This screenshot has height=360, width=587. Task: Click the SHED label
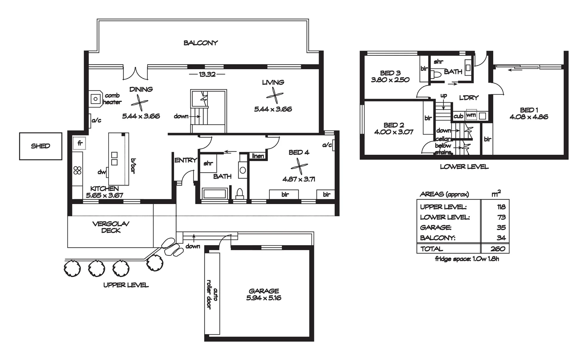click(x=41, y=146)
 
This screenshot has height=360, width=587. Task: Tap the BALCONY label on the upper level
click(x=201, y=43)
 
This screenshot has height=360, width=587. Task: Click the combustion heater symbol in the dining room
click(x=96, y=99)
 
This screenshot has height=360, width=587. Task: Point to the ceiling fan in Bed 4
click(x=299, y=166)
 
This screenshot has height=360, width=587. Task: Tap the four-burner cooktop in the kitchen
click(x=77, y=170)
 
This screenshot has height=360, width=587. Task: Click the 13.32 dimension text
click(x=207, y=74)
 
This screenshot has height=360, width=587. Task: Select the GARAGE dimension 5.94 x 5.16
click(x=264, y=298)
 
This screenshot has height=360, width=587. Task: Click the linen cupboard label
click(x=258, y=156)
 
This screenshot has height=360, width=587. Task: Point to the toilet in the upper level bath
click(x=240, y=193)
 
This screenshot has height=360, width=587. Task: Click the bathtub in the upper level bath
click(x=215, y=194)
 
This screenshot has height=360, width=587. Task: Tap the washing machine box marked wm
click(x=471, y=115)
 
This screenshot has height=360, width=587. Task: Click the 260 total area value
click(x=498, y=249)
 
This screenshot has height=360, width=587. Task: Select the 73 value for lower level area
click(x=501, y=217)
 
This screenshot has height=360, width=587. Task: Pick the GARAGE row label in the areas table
click(x=436, y=228)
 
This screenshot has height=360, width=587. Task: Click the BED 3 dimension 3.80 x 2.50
click(x=390, y=80)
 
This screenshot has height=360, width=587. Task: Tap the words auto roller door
click(x=212, y=294)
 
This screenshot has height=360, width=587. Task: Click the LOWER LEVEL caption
click(x=464, y=167)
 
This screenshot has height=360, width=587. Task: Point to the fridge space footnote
click(x=467, y=259)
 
